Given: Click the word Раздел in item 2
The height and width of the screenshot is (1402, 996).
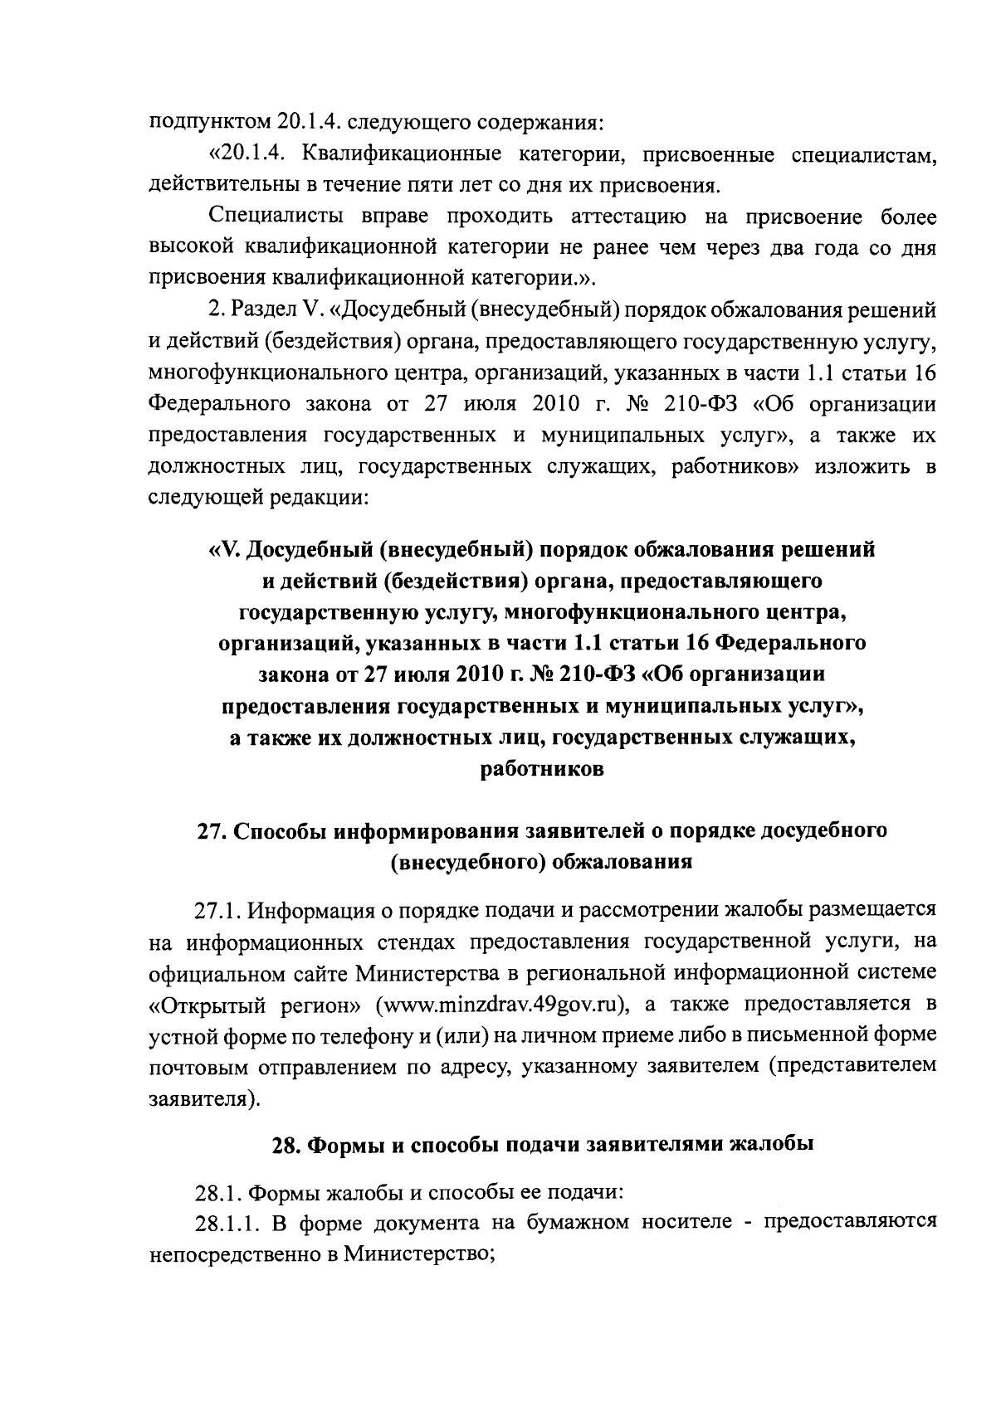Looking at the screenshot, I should coord(261,310).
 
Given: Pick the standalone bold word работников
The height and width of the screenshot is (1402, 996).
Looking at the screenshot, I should coord(542,770).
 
